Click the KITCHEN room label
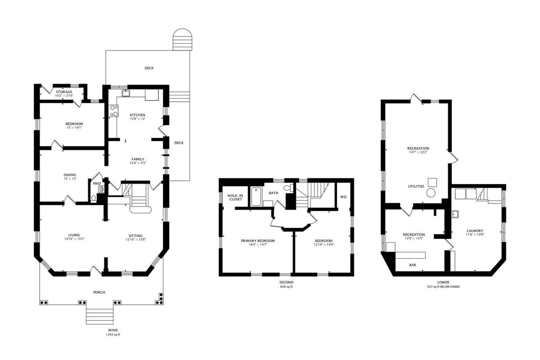(x=137, y=115)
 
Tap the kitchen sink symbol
(x=126, y=93)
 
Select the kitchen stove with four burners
(x=113, y=111)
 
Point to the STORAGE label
(x=64, y=92)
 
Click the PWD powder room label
(x=97, y=184)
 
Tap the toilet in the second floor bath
(x=288, y=188)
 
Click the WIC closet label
(x=343, y=197)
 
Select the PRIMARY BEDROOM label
(x=258, y=241)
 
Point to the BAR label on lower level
(x=413, y=265)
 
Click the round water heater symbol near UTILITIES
(x=431, y=193)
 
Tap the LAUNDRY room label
(x=475, y=231)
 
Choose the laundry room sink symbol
(x=455, y=214)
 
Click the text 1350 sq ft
(x=113, y=334)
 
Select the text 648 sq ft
(x=286, y=287)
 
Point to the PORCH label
(x=99, y=292)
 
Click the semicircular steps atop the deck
(x=182, y=40)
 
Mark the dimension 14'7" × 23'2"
(x=418, y=152)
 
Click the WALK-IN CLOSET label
(x=235, y=198)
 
